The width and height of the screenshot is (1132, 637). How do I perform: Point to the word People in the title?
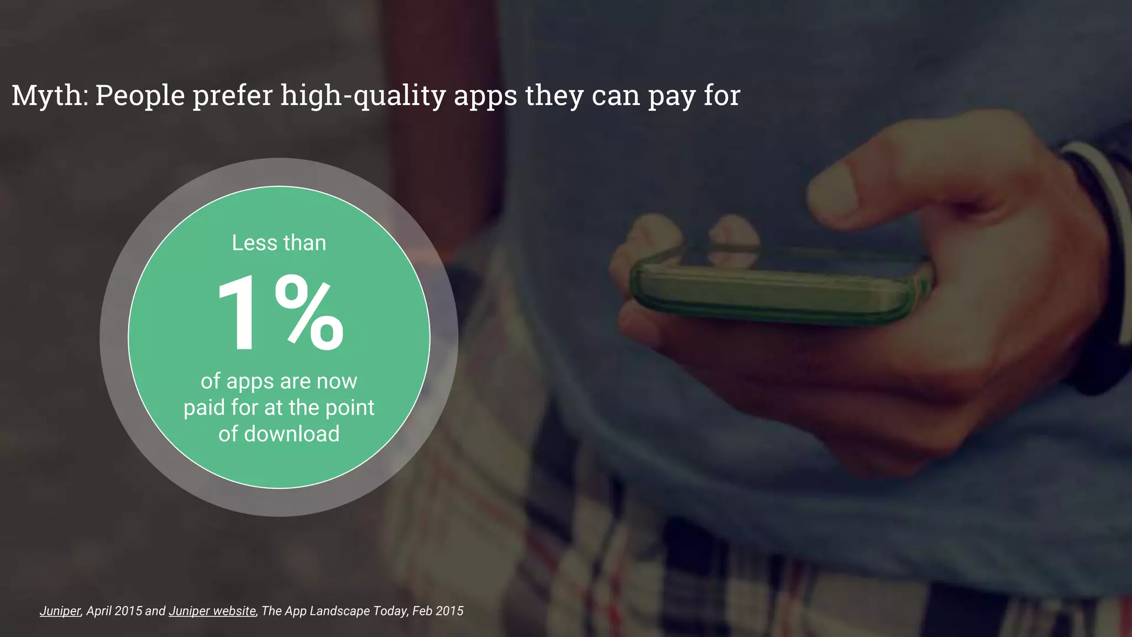tap(140, 96)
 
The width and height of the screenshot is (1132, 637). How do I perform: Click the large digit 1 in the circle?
tap(238, 314)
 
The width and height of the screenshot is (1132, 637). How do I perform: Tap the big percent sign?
tap(310, 314)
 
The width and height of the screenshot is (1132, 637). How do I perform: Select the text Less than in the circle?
tap(279, 243)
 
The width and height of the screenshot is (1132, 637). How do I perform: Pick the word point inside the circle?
tap(349, 408)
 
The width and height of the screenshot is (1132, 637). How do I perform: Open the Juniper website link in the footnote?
tap(212, 611)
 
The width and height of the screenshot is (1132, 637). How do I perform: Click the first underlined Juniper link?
tap(60, 611)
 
